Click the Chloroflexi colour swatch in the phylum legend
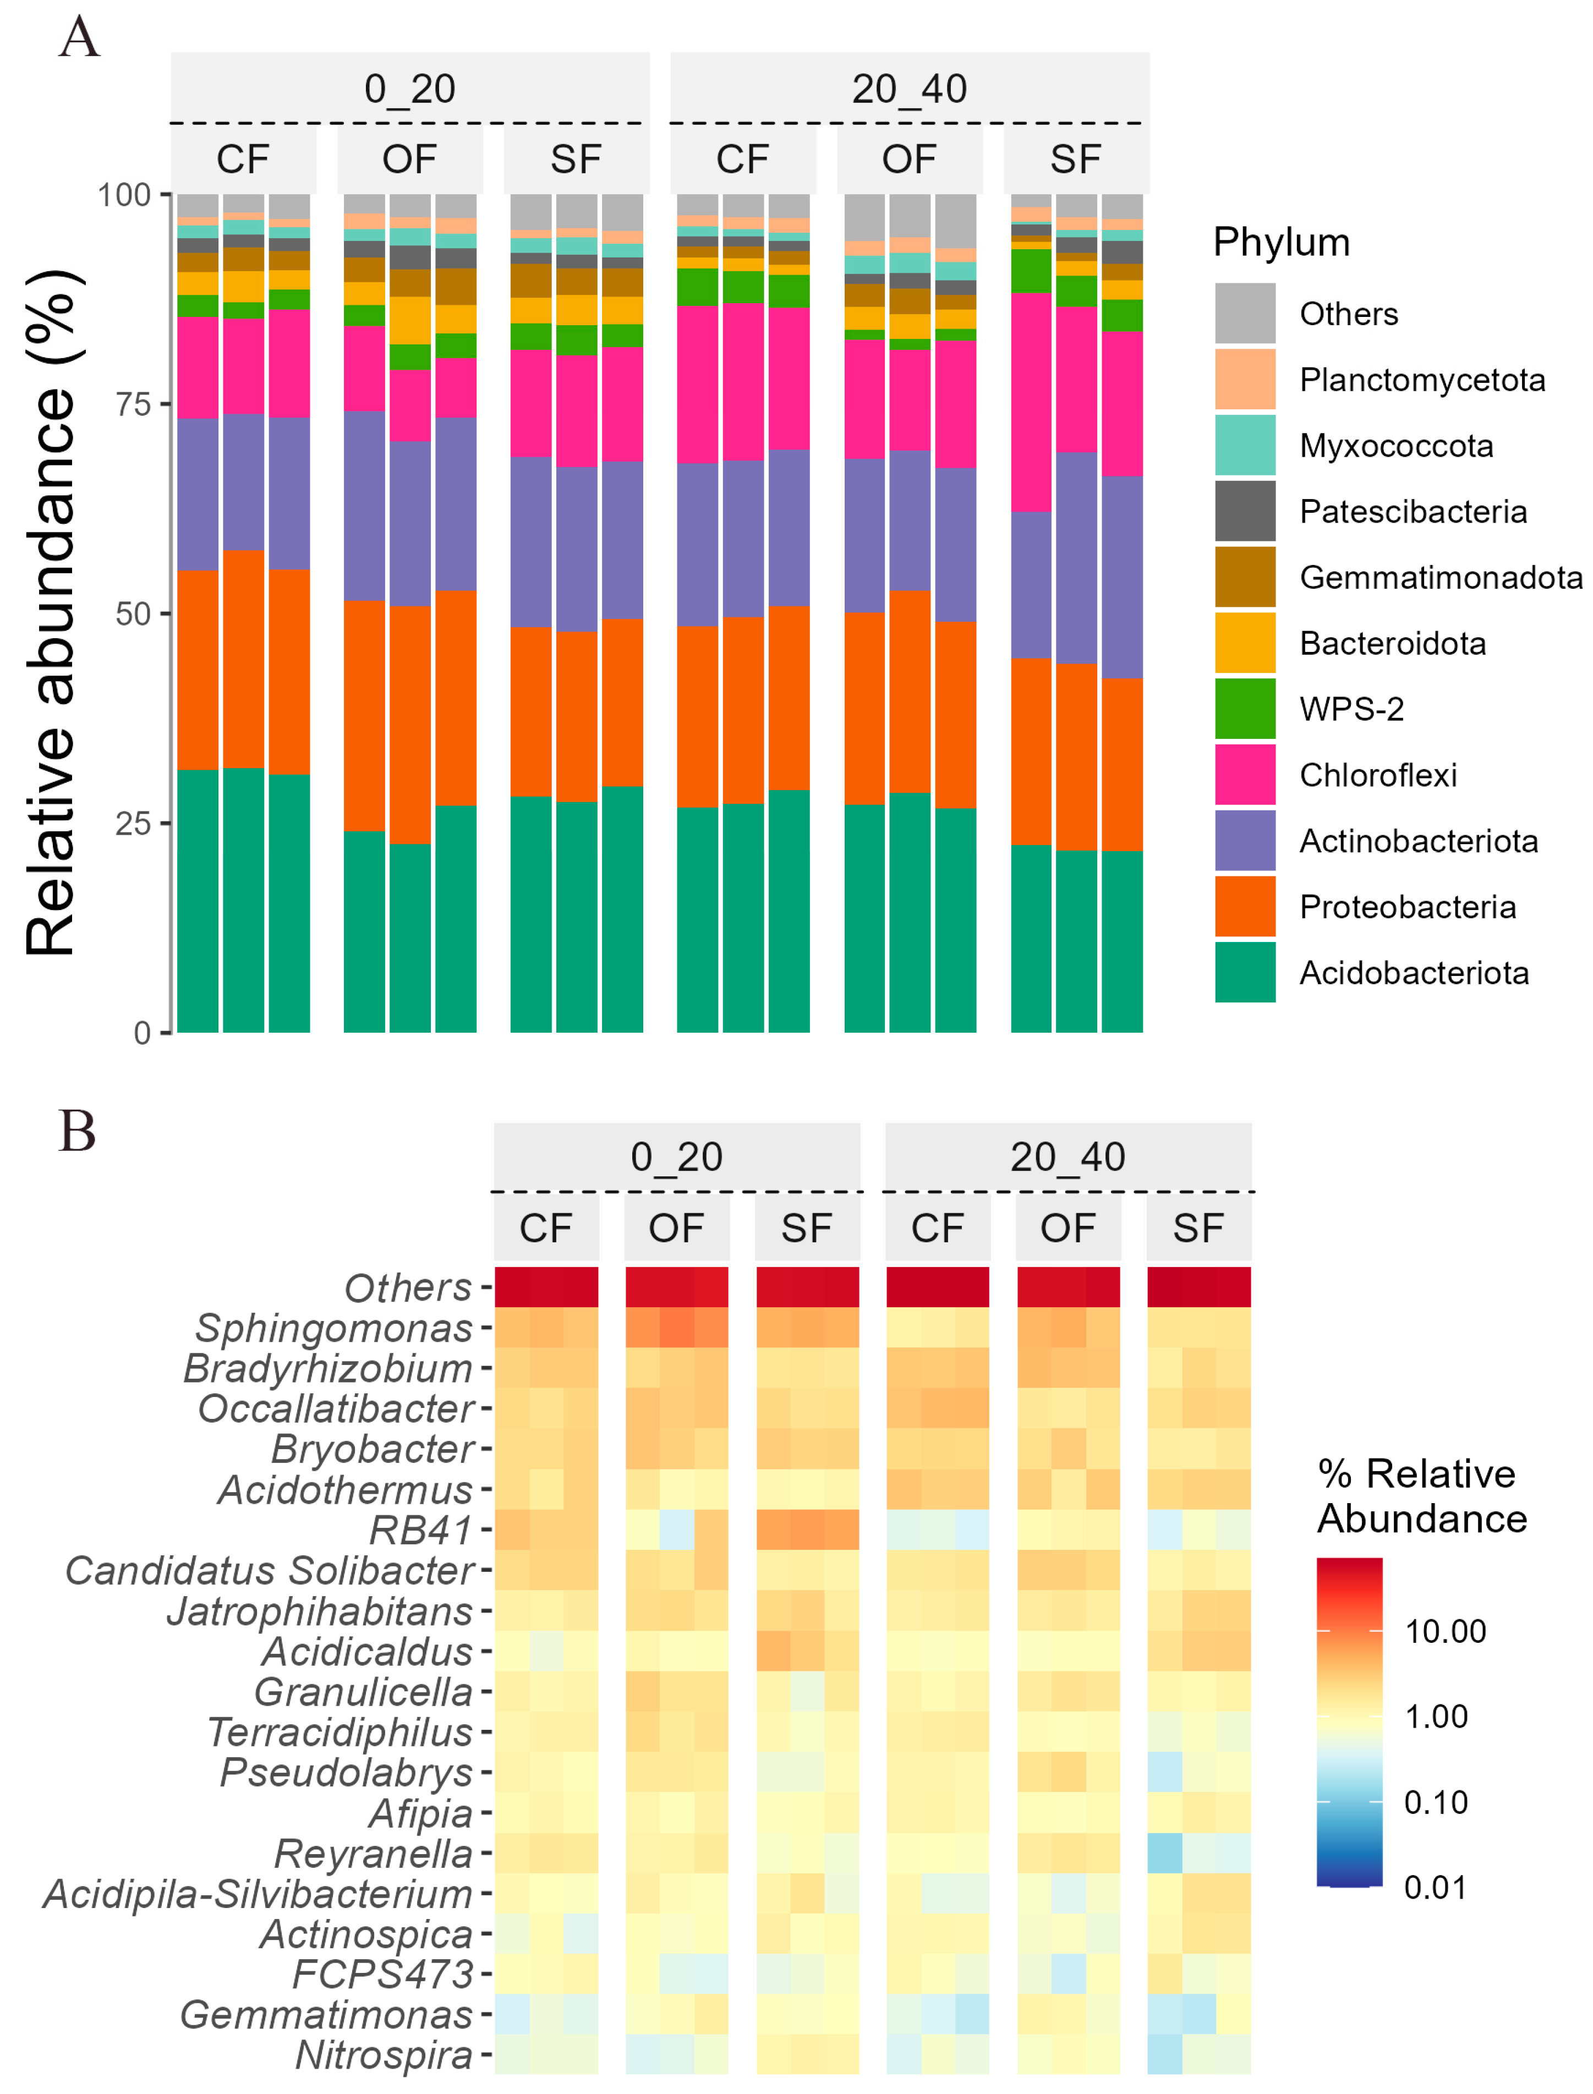tap(1245, 775)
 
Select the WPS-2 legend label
tap(1351, 709)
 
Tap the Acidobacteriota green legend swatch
tap(1245, 973)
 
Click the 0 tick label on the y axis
tap(142, 1032)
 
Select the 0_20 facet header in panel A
tap(409, 89)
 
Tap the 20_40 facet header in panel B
tap(1068, 1156)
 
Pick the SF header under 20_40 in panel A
tap(1075, 159)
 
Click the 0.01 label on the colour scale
tap(1435, 1887)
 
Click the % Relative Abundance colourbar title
tap(1421, 1496)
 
